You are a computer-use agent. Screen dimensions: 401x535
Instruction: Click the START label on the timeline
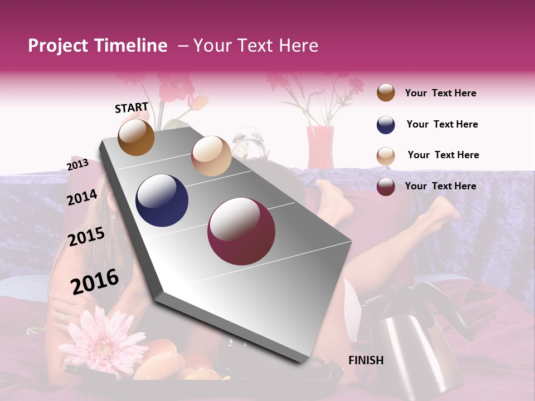(x=132, y=107)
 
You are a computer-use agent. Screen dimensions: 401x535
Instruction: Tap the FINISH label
(x=366, y=360)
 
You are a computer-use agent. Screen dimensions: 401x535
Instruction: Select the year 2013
(x=77, y=165)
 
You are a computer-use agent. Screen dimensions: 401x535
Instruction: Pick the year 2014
(x=82, y=197)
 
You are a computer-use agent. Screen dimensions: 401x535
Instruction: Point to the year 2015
(x=86, y=237)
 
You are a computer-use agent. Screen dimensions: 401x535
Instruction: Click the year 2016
(x=95, y=282)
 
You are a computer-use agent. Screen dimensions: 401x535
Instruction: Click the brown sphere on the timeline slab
(x=137, y=137)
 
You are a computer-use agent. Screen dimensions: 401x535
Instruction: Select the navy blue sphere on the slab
(x=162, y=200)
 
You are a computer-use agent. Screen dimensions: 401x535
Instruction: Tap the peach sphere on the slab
(x=211, y=156)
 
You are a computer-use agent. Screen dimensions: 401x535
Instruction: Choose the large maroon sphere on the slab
(x=241, y=231)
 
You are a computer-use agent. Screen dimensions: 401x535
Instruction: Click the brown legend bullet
(x=386, y=93)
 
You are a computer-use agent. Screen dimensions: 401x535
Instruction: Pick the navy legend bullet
(x=386, y=125)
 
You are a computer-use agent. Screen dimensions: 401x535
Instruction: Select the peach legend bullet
(x=386, y=155)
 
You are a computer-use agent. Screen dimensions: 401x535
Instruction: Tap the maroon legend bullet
(x=386, y=187)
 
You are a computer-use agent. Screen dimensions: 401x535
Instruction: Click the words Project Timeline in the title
(x=98, y=46)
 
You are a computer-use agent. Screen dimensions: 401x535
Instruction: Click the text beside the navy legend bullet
(x=442, y=124)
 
